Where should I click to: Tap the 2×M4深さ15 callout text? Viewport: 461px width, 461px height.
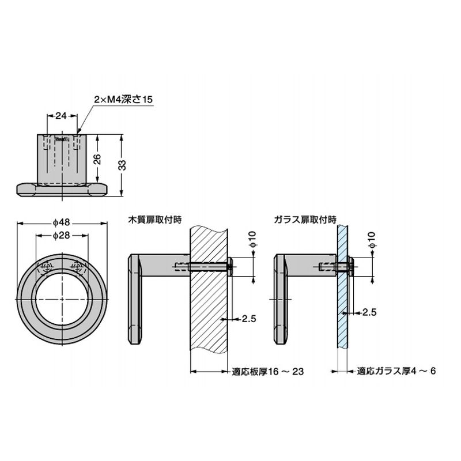tap(123, 100)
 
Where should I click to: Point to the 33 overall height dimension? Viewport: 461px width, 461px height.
tap(122, 165)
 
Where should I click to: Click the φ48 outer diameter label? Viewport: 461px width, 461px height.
tap(61, 222)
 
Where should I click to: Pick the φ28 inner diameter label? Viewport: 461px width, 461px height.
tap(61, 237)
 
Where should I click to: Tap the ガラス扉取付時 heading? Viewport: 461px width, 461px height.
tap(306, 219)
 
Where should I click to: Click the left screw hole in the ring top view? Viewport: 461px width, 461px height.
tap(46, 267)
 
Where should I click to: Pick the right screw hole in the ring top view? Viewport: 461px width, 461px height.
tap(76, 267)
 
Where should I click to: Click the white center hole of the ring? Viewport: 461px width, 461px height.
tap(61, 298)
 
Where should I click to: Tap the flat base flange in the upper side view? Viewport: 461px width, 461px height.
tap(61, 188)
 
